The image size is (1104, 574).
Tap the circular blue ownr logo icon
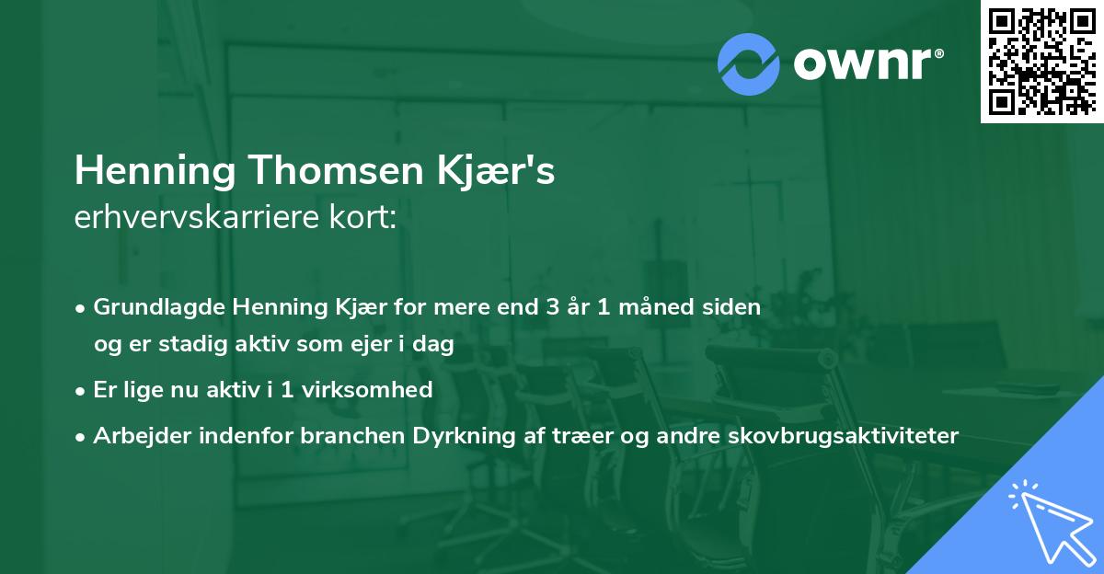pos(748,63)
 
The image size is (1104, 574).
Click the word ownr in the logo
pos(868,63)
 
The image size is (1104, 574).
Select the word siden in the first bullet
pos(736,307)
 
